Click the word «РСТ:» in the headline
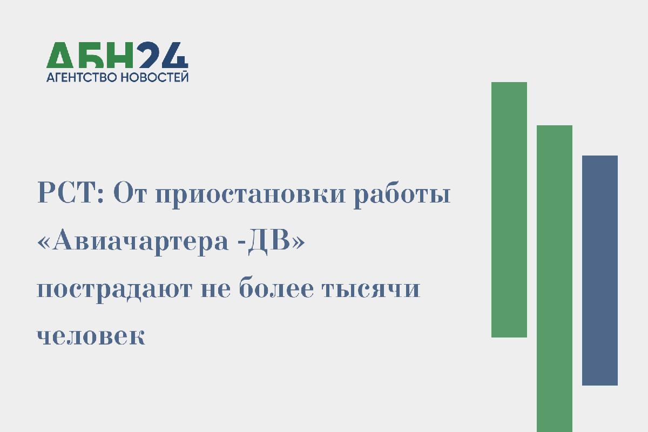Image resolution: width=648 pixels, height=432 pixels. tap(70, 193)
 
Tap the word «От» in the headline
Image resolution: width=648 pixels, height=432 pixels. tap(130, 193)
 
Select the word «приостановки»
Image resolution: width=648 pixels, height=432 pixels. tap(251, 196)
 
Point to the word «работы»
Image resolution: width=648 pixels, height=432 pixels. tap(402, 195)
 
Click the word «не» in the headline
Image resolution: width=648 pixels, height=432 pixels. tap(216, 289)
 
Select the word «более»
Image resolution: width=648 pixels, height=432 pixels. tap(276, 287)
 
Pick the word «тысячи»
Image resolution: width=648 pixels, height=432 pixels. tap(371, 289)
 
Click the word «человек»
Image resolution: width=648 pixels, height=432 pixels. tap(91, 336)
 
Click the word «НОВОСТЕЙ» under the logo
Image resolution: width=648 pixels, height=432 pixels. tap(154, 77)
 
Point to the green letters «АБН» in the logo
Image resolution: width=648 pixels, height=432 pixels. tap(90, 55)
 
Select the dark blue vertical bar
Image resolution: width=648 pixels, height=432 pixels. tap(600, 270)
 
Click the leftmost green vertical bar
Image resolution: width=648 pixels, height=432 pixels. tap(509, 210)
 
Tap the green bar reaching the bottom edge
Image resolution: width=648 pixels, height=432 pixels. tap(555, 279)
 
